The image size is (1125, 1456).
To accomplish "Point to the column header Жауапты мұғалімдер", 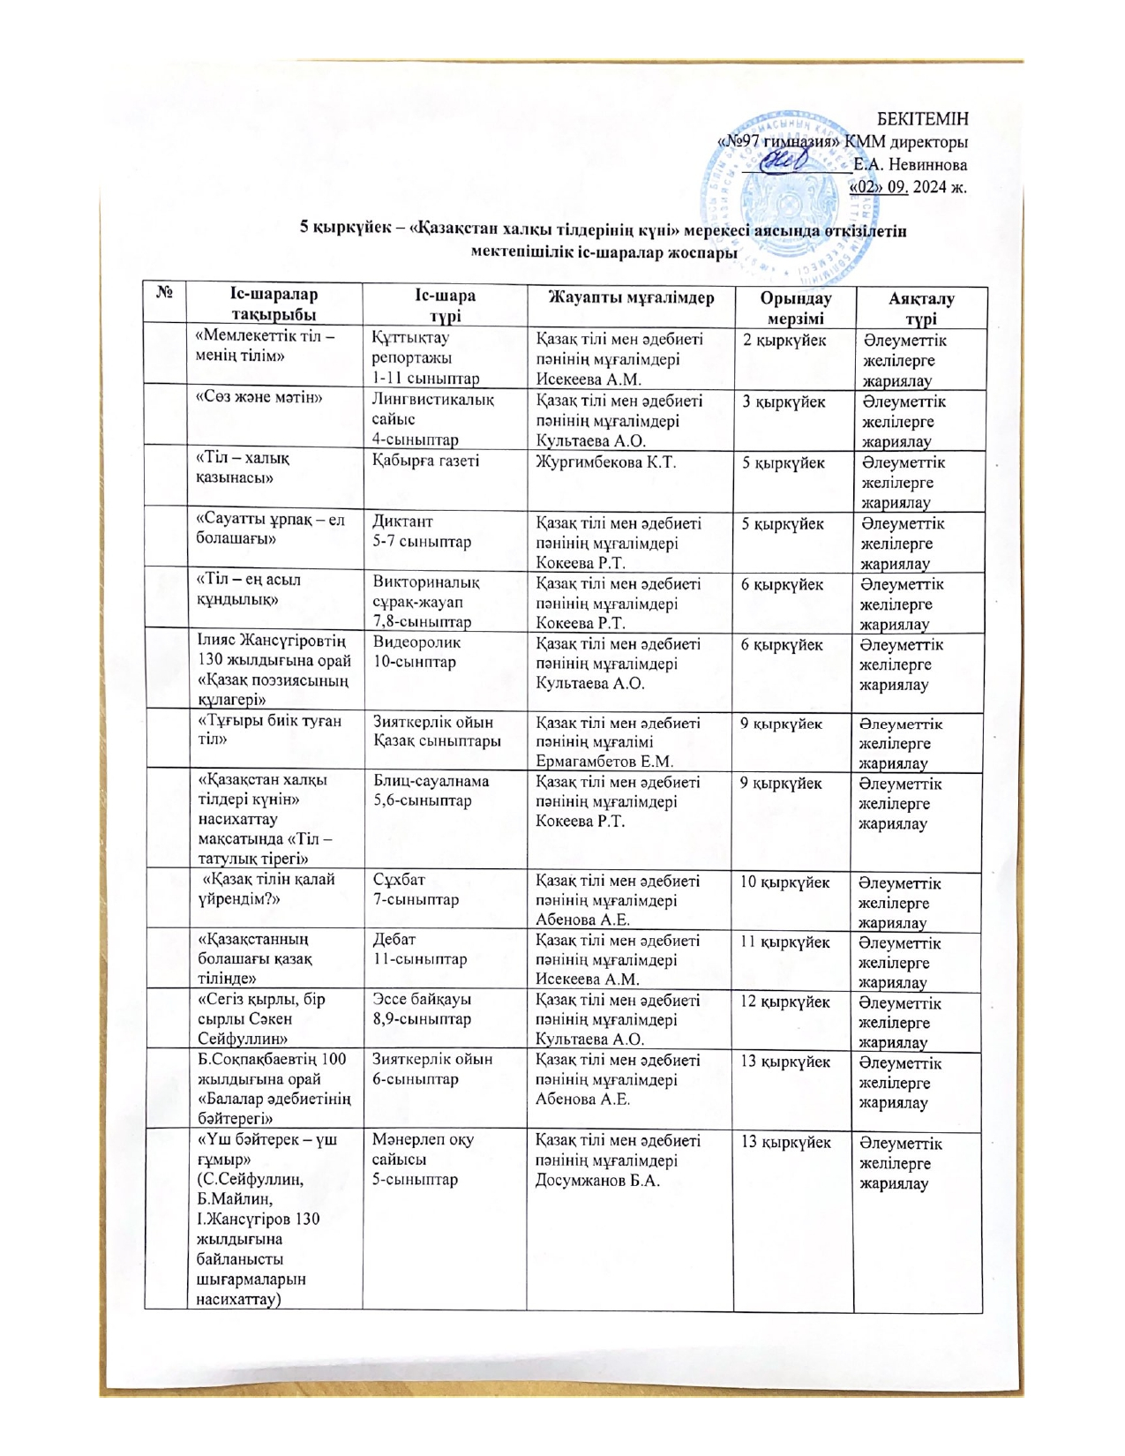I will (x=631, y=297).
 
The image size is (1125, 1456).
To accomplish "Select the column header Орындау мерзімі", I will (x=795, y=308).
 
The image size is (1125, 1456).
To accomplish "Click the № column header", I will (x=164, y=290).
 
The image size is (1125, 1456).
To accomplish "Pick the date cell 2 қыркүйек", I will (x=784, y=341).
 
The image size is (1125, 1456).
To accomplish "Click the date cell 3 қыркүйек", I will (x=784, y=402).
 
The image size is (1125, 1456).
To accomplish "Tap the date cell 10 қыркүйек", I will (x=784, y=882).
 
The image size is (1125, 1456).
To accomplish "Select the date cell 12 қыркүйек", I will (x=784, y=1002).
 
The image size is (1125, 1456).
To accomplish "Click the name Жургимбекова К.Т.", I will (x=606, y=462).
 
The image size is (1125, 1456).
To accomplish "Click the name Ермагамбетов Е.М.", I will (x=604, y=761).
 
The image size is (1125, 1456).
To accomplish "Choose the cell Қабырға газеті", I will (x=425, y=461).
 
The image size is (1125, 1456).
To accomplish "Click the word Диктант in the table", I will (x=402, y=522).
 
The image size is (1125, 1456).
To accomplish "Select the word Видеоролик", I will (x=416, y=642).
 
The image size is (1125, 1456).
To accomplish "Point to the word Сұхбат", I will (x=399, y=880).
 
